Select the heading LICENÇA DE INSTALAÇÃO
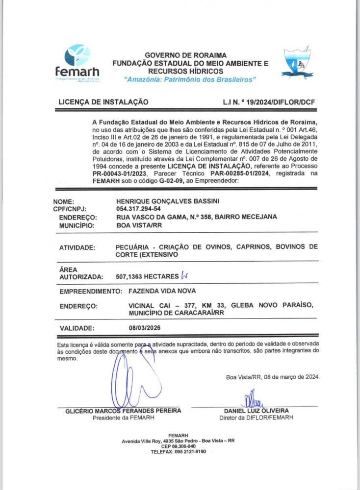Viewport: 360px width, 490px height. point(103,102)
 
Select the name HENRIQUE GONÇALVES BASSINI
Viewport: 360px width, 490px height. point(163,201)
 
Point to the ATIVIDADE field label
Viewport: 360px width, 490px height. point(77,248)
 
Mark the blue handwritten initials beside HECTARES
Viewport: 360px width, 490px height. point(184,276)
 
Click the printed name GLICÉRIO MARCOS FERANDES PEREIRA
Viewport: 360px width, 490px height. point(123,410)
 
